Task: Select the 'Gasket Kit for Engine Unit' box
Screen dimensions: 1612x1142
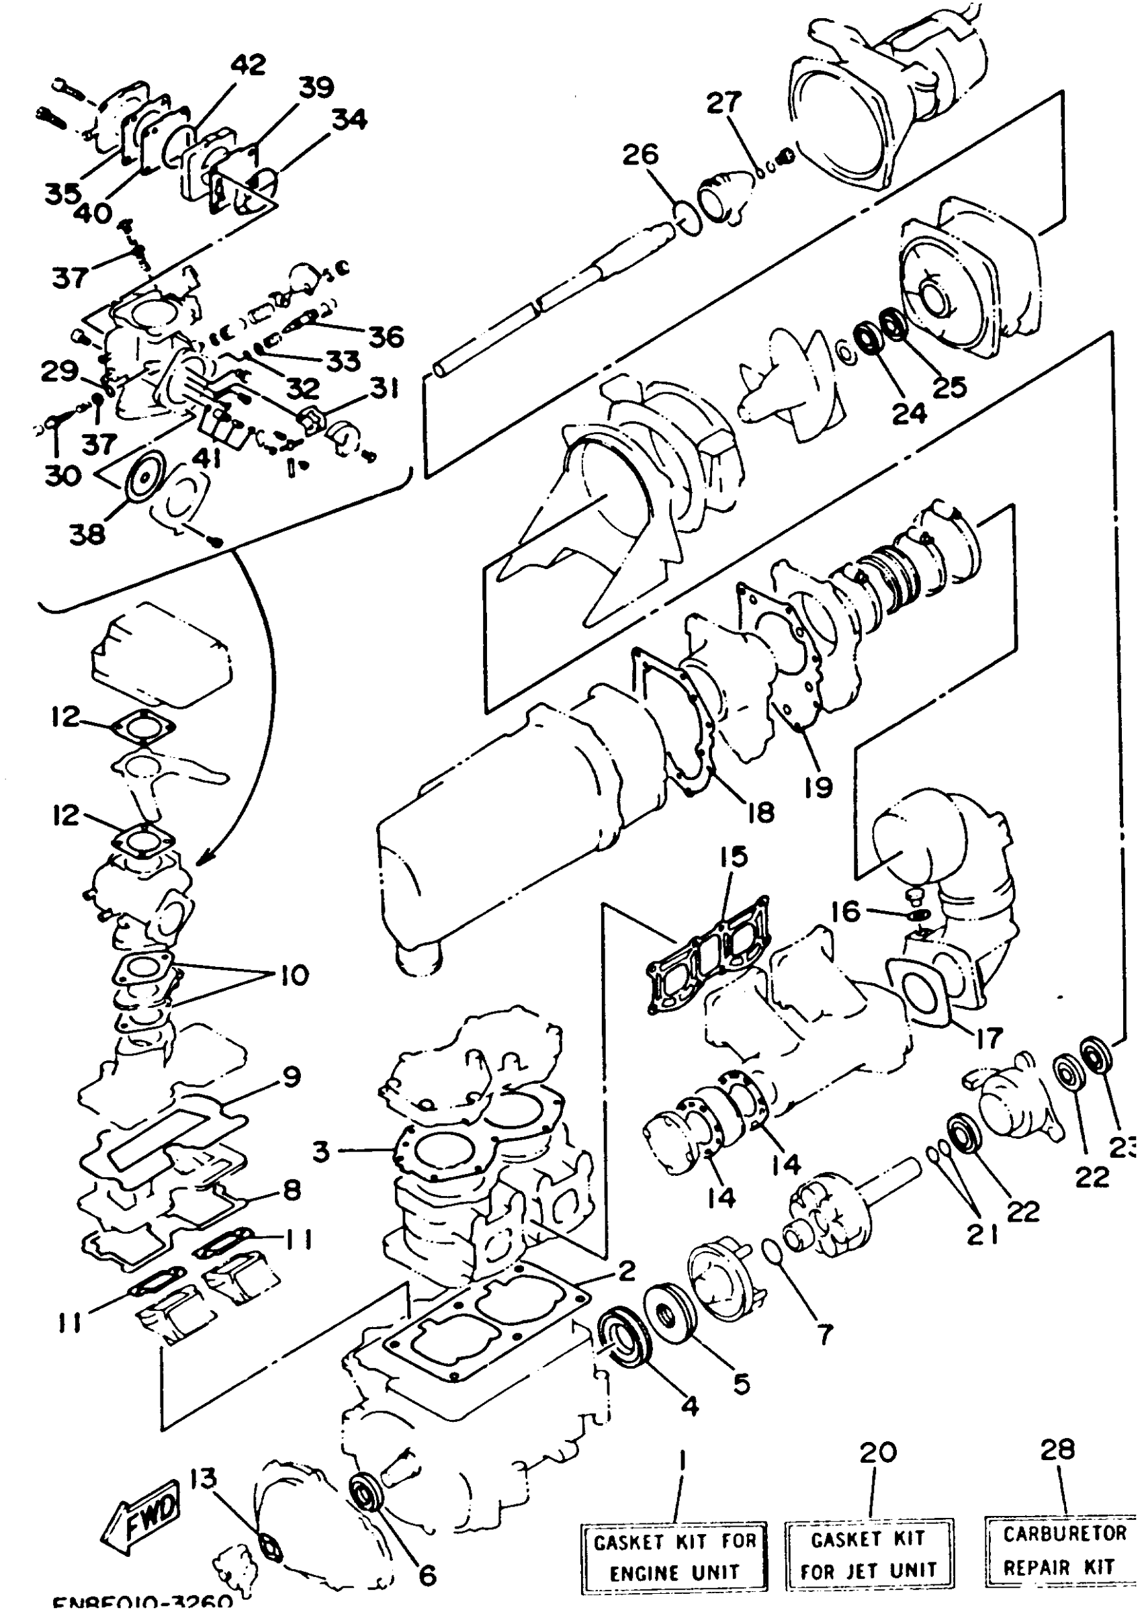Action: [x=674, y=1556]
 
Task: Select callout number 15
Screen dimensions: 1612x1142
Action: [x=734, y=857]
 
